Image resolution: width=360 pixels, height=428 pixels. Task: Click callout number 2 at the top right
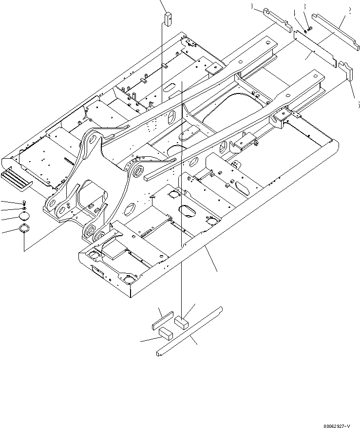coord(349,9)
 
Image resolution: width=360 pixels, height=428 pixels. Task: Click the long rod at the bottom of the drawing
coord(189,331)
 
